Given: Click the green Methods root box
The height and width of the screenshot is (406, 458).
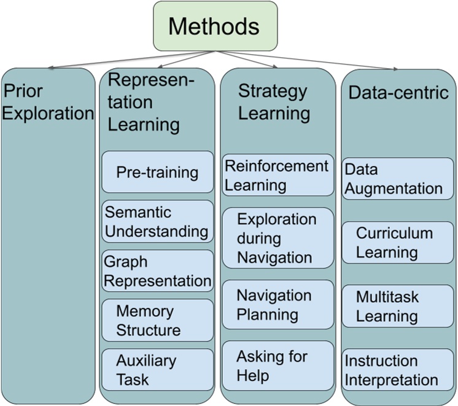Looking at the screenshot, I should point(215,26).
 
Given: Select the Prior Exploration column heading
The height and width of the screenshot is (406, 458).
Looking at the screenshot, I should point(49,102).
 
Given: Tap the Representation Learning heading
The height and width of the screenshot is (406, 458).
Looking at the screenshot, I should point(150,102).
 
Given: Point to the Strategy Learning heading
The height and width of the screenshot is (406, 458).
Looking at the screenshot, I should point(273,102).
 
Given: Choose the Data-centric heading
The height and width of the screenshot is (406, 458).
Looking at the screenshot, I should point(398,93).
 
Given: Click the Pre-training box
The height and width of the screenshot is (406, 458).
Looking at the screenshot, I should point(157,172).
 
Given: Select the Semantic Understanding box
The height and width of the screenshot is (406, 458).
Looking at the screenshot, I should point(157,222).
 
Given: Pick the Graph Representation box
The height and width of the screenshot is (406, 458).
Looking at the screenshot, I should point(157,271).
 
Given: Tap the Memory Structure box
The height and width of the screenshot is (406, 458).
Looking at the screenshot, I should point(157,320).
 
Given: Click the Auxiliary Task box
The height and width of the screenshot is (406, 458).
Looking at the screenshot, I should point(157,370).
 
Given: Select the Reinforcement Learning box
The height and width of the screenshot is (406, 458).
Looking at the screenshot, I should point(278,175).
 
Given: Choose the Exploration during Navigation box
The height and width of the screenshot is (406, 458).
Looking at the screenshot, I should point(278,238).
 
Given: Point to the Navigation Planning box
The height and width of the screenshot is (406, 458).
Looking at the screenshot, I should point(278,305).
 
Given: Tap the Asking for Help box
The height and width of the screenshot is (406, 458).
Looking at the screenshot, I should point(278,365).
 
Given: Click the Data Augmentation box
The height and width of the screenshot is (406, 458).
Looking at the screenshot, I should point(398,178).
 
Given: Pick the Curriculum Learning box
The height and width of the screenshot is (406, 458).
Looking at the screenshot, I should point(398,243).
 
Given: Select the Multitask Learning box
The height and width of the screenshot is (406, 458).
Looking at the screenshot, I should point(398,306).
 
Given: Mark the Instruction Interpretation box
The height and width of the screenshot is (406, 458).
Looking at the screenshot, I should point(398,370).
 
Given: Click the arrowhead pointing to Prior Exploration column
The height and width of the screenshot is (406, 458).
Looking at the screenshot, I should point(50,67).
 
